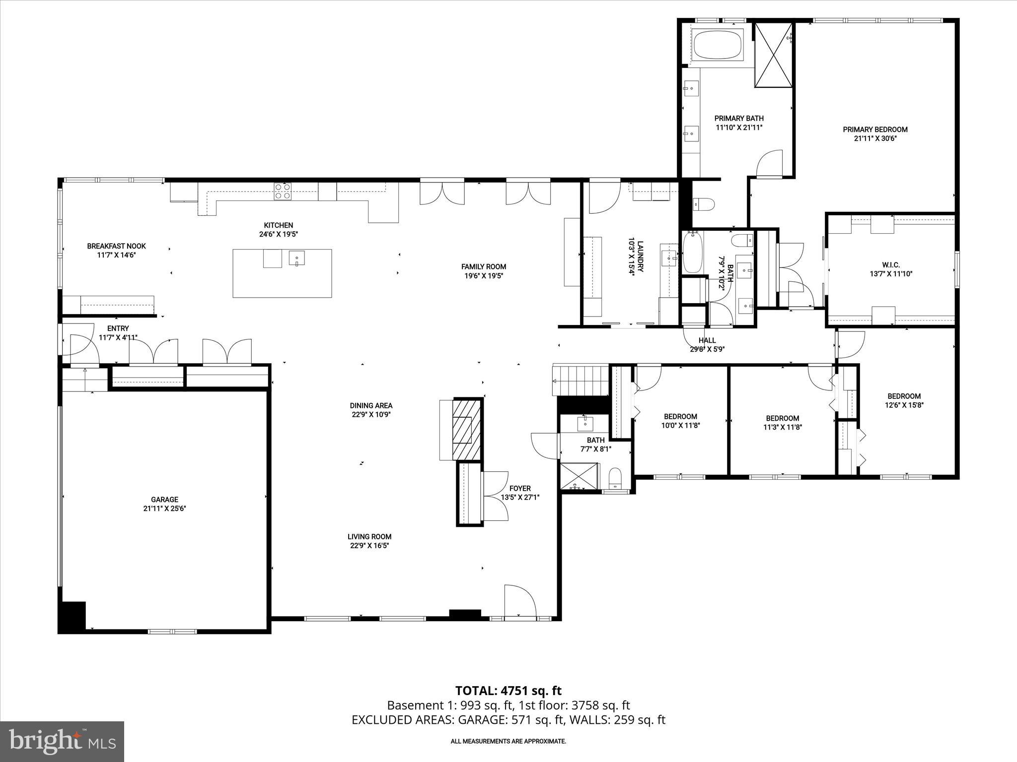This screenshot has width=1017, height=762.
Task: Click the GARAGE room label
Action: tap(164, 500)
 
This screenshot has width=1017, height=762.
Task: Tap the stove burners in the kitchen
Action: tap(283, 191)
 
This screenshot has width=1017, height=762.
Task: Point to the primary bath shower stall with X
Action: tap(774, 55)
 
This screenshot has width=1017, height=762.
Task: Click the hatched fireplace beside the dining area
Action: tap(466, 430)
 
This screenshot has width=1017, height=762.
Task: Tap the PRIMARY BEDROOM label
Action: tap(875, 129)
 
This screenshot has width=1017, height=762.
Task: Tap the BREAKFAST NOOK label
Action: tap(116, 246)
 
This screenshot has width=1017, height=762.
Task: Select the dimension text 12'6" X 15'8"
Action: tap(904, 405)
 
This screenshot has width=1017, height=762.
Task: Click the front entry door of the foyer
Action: tap(520, 602)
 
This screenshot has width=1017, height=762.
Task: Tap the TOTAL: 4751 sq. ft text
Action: tap(508, 691)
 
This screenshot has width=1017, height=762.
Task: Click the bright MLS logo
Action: tap(62, 741)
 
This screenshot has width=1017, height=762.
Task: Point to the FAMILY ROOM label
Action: tap(483, 267)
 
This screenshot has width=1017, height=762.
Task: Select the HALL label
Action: tap(707, 340)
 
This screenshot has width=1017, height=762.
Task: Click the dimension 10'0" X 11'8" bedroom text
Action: tap(680, 425)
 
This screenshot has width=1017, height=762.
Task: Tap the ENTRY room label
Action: tap(118, 328)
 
